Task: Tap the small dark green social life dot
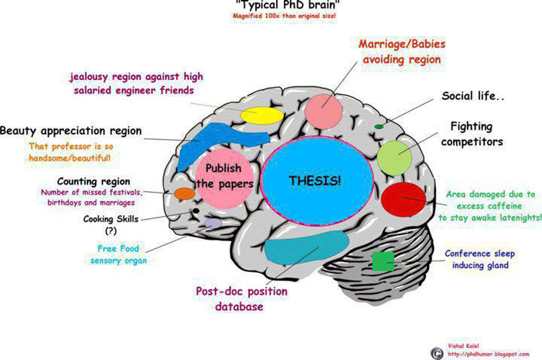pyautogui.click(x=379, y=127)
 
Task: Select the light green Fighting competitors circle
pyautogui.click(x=395, y=158)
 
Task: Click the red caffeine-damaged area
pyautogui.click(x=405, y=199)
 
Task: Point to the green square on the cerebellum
pyautogui.click(x=383, y=261)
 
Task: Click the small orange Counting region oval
pyautogui.click(x=184, y=194)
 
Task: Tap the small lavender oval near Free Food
pyautogui.click(x=213, y=223)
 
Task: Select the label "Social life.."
pyautogui.click(x=475, y=96)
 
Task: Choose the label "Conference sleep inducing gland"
pyautogui.click(x=480, y=259)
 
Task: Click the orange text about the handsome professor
pyautogui.click(x=74, y=152)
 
